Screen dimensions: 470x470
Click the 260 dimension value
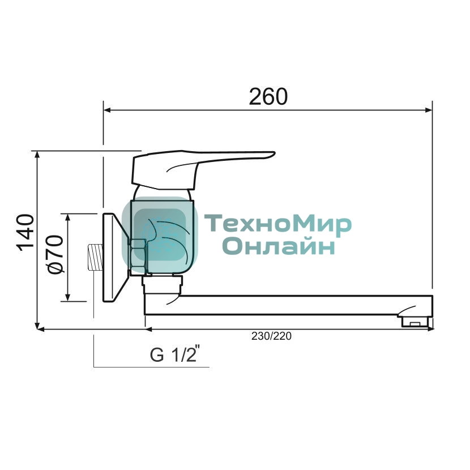point(268,97)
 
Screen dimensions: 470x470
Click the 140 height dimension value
point(25,233)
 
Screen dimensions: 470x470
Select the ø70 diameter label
point(55,254)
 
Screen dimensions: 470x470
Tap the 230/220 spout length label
point(271,336)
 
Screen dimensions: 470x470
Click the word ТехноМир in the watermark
point(278,224)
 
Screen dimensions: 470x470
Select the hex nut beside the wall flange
point(138,257)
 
